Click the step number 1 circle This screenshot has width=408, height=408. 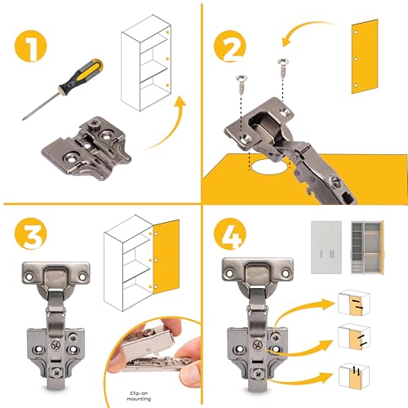click(30, 46)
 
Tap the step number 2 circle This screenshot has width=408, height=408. click(230, 46)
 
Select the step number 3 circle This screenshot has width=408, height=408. click(30, 234)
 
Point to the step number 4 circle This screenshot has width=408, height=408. click(230, 234)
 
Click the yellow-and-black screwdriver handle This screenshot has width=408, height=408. click(81, 76)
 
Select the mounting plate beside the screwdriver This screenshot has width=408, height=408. click(86, 148)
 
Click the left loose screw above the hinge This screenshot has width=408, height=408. click(242, 84)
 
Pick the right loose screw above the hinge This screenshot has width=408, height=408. click(283, 68)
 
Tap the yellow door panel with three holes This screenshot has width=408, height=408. click(365, 56)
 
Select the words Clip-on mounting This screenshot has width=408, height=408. click(139, 396)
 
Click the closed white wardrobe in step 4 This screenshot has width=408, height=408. click(326, 247)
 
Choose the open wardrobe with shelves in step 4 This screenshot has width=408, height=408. click(367, 247)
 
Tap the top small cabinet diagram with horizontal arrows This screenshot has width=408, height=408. click(353, 303)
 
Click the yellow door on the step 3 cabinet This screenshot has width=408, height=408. click(166, 257)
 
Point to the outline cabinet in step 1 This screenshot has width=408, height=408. click(146, 63)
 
